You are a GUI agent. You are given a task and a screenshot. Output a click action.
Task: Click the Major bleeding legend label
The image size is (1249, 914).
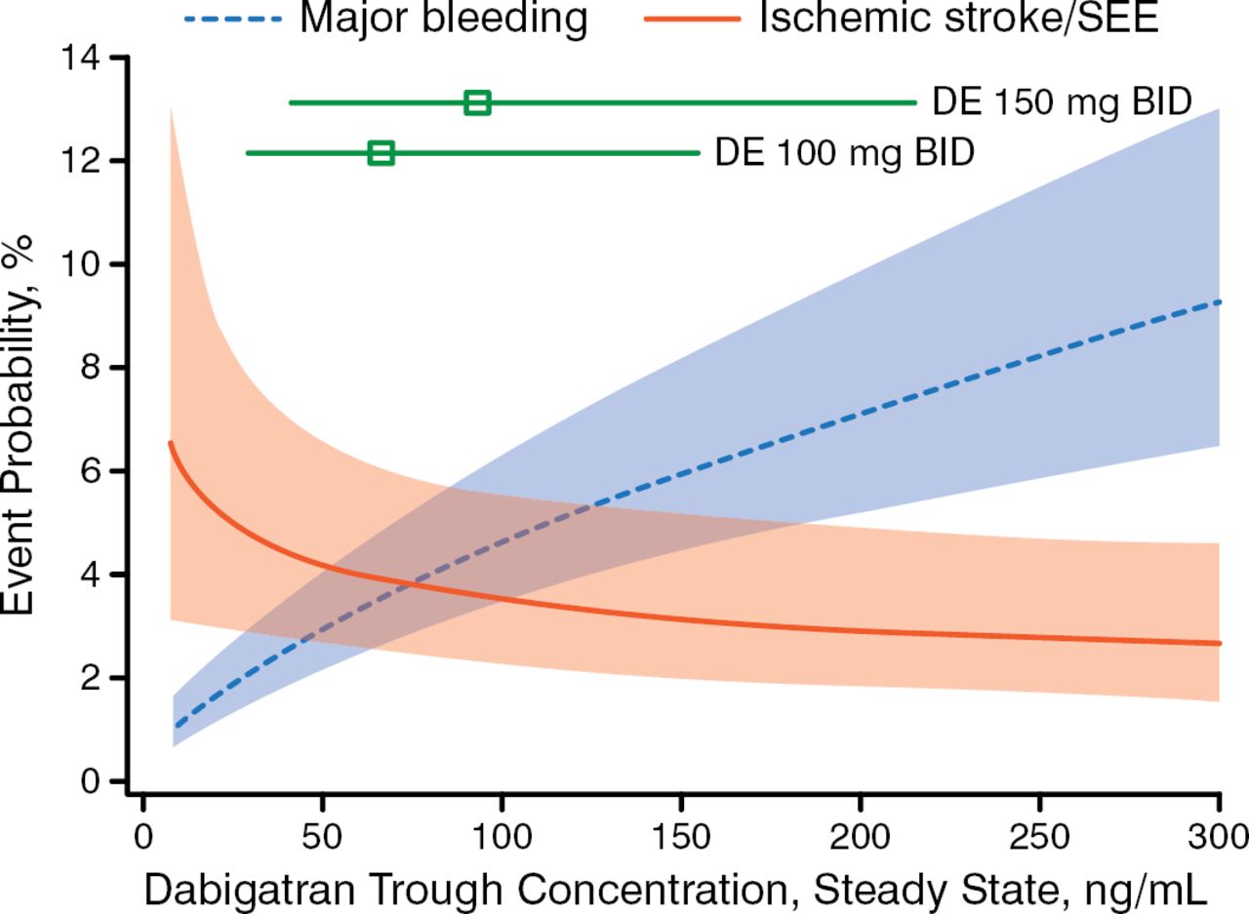[x=443, y=18]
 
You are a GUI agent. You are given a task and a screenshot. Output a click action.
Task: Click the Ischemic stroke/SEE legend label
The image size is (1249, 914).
[x=959, y=18]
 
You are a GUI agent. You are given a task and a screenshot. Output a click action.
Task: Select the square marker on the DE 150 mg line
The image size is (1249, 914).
[x=477, y=102]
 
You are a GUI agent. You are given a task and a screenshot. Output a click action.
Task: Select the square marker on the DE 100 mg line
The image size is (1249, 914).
[x=382, y=153]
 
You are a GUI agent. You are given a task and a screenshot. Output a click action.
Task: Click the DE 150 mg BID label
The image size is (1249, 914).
[x=1062, y=101]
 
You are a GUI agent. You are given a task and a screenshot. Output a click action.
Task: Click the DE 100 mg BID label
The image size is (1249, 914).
[x=844, y=153]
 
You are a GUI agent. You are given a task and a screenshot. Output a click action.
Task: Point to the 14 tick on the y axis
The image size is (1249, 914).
[x=119, y=59]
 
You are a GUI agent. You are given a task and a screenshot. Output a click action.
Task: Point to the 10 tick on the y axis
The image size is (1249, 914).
[x=119, y=264]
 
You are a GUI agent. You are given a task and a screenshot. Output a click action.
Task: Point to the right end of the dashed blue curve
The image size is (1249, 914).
[x=1220, y=302]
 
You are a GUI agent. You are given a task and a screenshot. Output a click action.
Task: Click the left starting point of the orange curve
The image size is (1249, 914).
[x=171, y=443]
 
